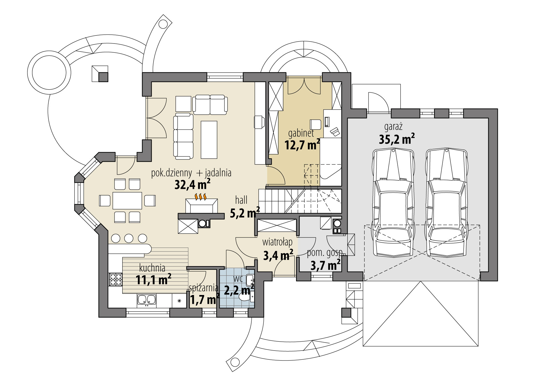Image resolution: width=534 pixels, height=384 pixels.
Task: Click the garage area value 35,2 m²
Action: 397,139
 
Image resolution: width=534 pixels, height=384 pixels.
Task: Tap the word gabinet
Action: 301,133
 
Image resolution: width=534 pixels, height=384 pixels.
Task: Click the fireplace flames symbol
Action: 200,197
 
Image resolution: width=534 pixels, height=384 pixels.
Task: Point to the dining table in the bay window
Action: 127,201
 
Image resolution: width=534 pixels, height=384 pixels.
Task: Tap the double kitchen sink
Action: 147,300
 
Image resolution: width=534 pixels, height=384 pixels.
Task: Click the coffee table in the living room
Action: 209,139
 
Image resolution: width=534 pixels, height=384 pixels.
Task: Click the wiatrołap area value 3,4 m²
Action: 278,255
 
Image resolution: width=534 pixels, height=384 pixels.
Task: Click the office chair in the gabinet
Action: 316,124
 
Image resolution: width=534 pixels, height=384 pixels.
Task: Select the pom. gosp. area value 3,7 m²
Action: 326,265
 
